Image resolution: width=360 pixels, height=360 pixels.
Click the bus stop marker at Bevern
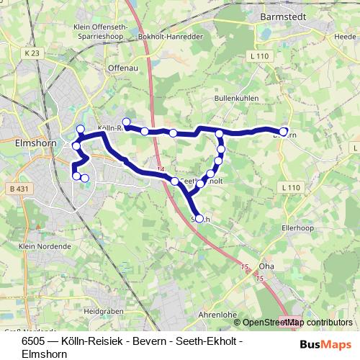pos(284,132)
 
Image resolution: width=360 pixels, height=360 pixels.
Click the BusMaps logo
pos(326,344)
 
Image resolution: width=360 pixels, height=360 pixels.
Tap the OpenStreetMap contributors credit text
pos(297,323)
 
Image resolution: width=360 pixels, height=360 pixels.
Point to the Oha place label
pos(266,264)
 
